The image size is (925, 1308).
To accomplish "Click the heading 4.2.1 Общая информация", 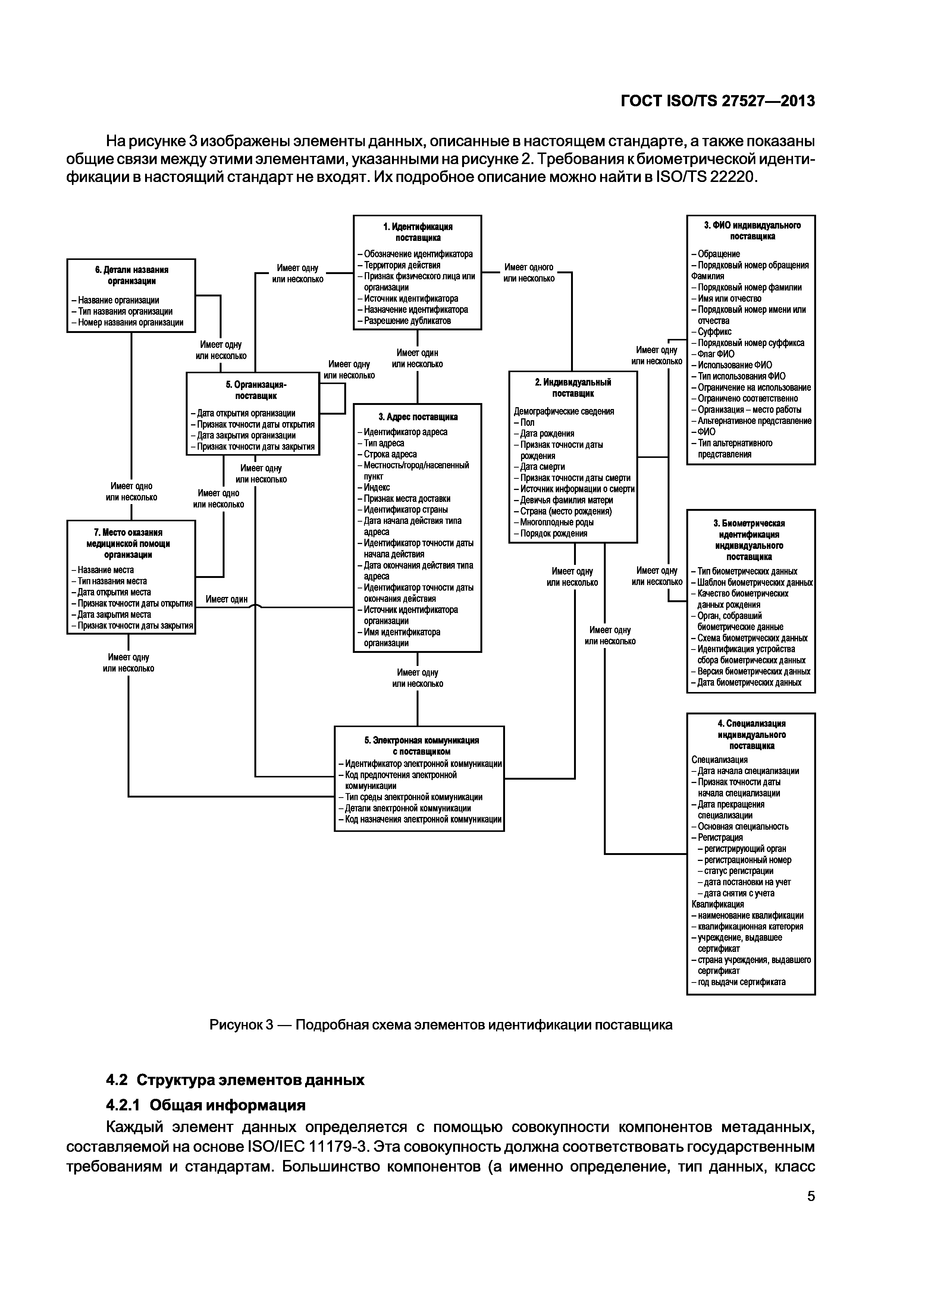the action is coord(206,1106).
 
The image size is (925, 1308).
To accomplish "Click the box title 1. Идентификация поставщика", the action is coord(418,232).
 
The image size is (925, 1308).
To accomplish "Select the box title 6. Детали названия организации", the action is coord(132,275).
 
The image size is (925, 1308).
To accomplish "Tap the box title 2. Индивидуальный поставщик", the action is coord(573,388).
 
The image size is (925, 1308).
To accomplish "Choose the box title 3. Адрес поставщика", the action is coord(418,417).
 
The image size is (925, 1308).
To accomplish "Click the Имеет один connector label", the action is coord(226,599).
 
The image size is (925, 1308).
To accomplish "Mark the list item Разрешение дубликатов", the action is coord(404,321).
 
